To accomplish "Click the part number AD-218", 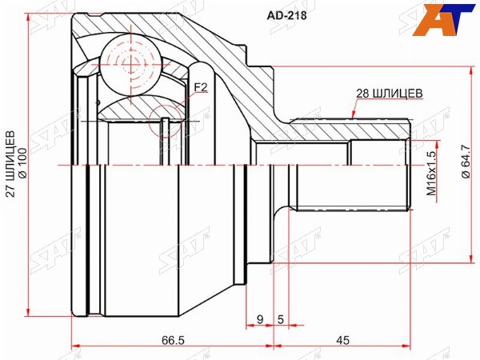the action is [x=287, y=15].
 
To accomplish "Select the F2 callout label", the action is [x=201, y=88].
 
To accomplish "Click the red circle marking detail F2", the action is [x=166, y=122].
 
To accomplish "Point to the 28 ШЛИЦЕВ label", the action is [x=389, y=94].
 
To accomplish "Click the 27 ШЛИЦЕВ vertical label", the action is [x=10, y=164].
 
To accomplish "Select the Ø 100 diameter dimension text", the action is [x=23, y=163].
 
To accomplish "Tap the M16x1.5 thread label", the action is [x=431, y=173].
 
